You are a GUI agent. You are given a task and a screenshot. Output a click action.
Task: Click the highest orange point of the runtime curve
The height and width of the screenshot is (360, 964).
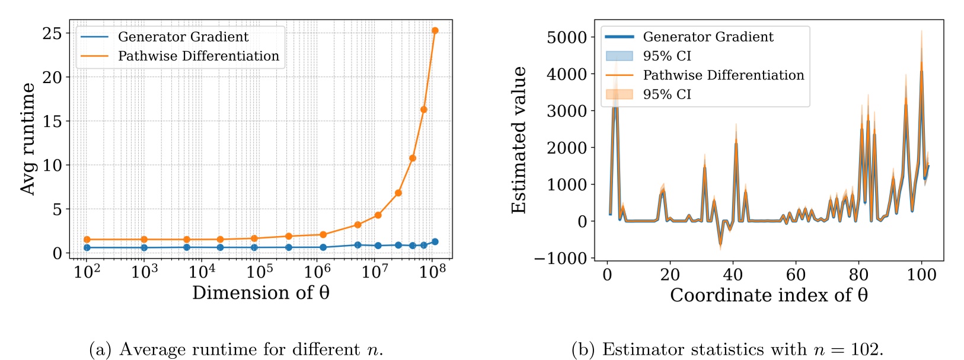(435, 30)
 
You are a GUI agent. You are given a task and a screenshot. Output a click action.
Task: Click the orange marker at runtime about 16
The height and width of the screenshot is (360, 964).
(424, 110)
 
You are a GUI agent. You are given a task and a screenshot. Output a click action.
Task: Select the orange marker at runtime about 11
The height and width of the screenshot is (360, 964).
(413, 158)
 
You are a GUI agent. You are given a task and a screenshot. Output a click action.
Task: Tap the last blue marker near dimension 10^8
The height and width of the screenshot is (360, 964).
(435, 241)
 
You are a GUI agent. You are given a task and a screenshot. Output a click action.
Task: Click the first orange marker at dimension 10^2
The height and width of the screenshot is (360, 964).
(87, 240)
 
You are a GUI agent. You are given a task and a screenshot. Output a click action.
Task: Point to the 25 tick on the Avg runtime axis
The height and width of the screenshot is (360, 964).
(52, 33)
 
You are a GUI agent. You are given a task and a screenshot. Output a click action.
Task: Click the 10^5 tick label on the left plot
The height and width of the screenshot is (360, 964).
(260, 272)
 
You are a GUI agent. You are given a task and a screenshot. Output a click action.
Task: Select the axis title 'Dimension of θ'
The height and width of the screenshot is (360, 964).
(261, 293)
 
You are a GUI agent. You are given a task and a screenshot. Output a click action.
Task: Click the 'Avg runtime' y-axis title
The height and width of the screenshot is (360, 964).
(28, 139)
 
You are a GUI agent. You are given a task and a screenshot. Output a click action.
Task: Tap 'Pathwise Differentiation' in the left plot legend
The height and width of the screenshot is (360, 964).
(198, 56)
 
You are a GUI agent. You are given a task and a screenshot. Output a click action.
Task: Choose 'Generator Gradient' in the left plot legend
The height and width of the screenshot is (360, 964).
(183, 37)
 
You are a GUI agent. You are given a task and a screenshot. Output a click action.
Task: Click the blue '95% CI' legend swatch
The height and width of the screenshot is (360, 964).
(619, 56)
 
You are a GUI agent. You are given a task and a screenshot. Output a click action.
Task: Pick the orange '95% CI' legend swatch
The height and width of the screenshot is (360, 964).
(619, 94)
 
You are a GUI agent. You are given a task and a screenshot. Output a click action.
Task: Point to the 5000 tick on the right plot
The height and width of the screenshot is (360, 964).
(566, 37)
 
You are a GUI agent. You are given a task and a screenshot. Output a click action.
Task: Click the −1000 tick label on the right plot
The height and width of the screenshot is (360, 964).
(560, 258)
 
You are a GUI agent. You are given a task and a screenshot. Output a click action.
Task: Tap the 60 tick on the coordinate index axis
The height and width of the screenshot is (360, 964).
(796, 275)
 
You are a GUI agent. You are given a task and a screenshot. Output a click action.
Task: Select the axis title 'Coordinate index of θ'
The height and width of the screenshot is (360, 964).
(769, 295)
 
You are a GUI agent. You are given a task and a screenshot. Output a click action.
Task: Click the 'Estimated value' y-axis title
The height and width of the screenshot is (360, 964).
(519, 140)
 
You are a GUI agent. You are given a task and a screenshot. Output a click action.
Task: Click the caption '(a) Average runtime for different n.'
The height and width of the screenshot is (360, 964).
(236, 349)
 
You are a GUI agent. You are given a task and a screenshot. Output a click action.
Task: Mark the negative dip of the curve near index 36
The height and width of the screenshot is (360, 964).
(720, 243)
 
